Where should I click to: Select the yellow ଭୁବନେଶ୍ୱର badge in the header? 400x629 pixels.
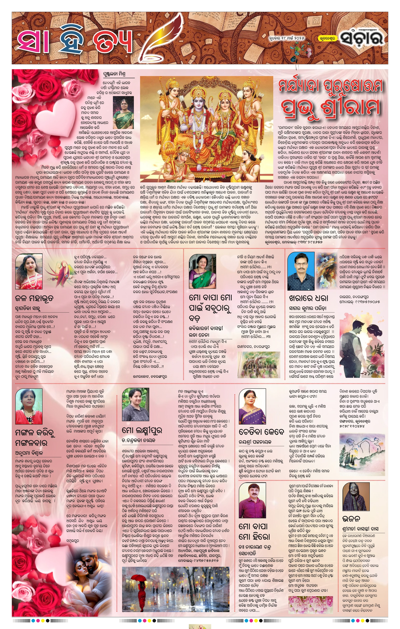click(x=327, y=38)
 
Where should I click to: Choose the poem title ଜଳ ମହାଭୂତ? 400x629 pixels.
click(x=34, y=299)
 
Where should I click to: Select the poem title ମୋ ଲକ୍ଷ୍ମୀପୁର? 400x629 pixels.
click(x=142, y=430)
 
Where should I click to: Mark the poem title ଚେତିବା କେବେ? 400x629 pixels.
click(x=261, y=432)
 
